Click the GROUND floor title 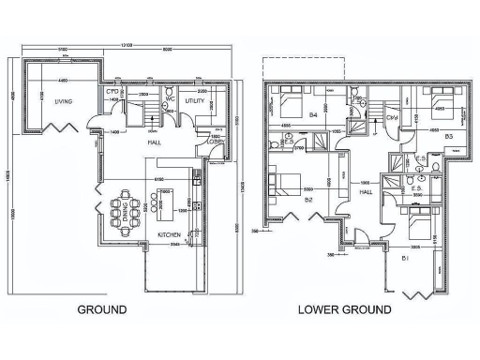point(101,307)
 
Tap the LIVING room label point(64,100)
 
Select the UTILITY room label point(195,99)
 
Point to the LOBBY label point(214,141)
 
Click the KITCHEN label point(170,233)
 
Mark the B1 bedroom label point(405,255)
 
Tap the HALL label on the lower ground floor point(367,191)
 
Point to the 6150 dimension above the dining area point(159,176)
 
